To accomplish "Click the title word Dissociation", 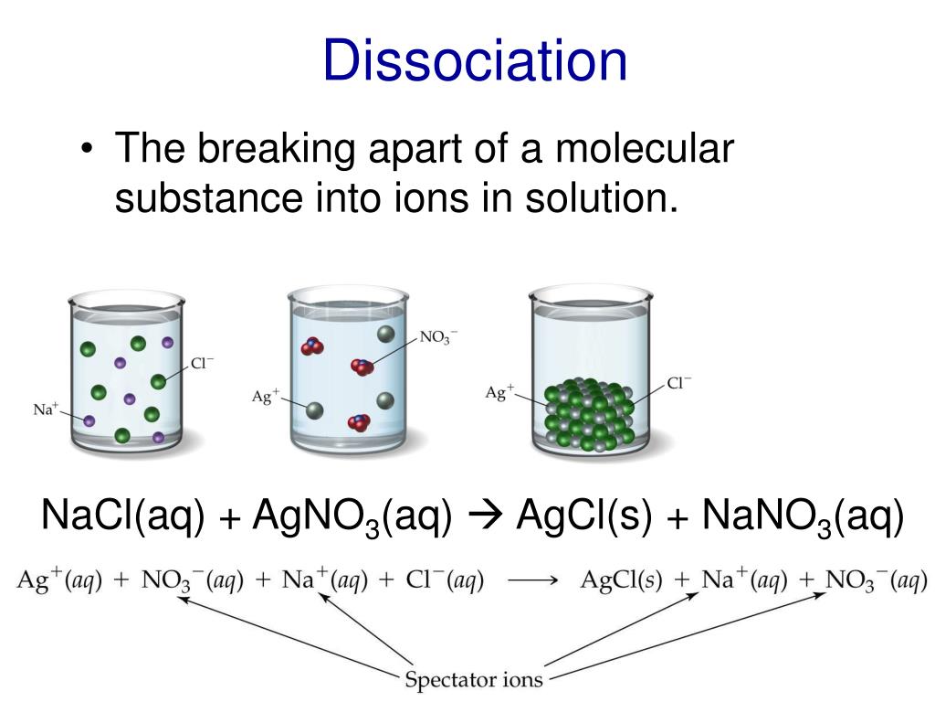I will (474, 61).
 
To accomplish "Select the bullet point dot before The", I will (86, 151).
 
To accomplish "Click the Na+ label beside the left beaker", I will (46, 409).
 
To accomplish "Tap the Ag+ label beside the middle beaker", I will (265, 398).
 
